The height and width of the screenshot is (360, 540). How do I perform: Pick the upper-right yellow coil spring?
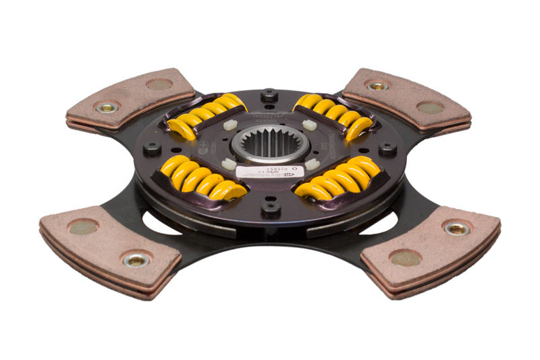333,114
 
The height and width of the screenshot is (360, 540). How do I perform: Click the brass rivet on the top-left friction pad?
107,107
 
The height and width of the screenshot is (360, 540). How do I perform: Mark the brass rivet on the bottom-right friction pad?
458,228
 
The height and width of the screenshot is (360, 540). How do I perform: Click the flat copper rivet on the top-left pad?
159,84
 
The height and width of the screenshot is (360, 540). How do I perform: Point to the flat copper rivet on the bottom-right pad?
406,258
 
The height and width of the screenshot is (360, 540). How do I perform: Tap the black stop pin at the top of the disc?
269,93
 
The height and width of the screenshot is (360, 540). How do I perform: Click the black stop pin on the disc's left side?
153,147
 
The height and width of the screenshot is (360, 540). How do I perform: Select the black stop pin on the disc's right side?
387,148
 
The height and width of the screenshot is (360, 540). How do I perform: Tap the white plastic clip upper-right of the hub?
309,125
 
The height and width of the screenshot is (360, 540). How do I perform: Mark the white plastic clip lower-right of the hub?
312,164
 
